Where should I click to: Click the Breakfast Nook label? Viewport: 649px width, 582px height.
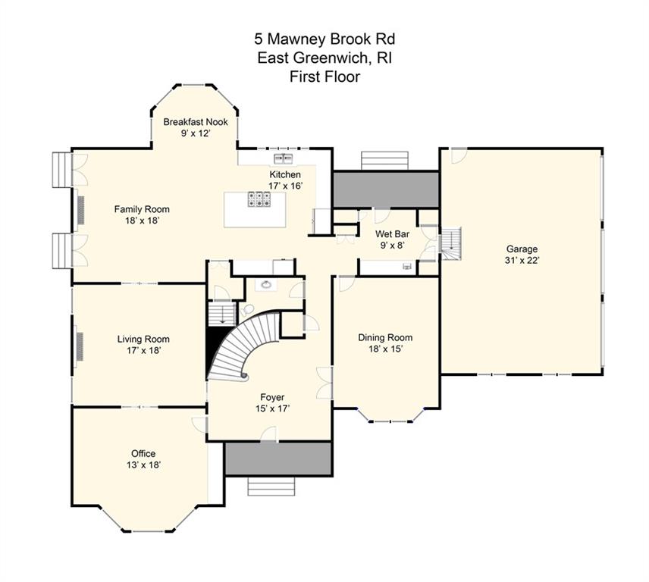(196, 122)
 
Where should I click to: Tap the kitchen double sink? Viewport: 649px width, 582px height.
(284, 158)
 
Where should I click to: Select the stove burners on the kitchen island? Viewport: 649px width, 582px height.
(259, 199)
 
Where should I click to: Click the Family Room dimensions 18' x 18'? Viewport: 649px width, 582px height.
(142, 221)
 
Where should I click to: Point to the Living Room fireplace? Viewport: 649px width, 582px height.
(80, 346)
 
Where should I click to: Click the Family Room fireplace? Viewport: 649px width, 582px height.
(80, 210)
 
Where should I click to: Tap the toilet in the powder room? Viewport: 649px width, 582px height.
(247, 309)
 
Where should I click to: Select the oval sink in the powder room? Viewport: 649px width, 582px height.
(264, 285)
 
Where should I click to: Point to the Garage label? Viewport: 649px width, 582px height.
(522, 249)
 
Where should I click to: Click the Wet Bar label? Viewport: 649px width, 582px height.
(392, 234)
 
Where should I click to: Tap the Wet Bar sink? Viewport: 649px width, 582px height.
(408, 267)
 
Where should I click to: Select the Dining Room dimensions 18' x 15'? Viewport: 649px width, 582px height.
(385, 349)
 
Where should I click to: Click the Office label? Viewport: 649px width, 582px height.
(143, 454)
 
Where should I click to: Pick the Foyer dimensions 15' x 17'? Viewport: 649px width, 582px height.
(272, 409)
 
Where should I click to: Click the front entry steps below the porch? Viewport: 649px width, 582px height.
(271, 487)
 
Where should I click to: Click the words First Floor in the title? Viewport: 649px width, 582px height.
(325, 77)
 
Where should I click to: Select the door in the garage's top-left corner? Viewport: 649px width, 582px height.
(458, 156)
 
